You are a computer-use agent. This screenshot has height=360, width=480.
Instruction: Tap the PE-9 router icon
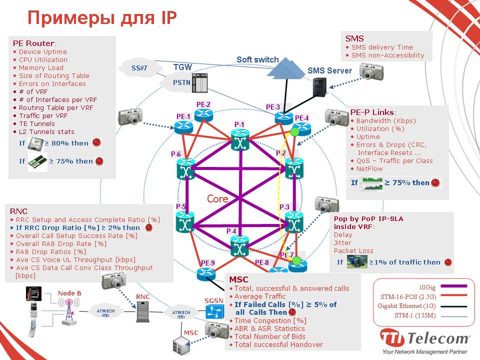pos(205,273)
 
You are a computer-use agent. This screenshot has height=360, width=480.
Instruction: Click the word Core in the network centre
pos(217,198)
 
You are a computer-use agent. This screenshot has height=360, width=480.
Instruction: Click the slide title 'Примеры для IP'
pos(101,17)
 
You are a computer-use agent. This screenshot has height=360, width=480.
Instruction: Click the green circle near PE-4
pos(295,132)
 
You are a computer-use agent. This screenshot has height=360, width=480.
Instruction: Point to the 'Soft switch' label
pos(257,59)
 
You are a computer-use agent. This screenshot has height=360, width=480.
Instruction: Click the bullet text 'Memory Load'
pos(41,67)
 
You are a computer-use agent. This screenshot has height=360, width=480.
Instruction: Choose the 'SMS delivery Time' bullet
pos(382,47)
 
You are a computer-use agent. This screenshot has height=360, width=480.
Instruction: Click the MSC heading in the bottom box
pos(238,279)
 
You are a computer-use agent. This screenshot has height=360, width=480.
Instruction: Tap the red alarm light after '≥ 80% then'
pos(96,142)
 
